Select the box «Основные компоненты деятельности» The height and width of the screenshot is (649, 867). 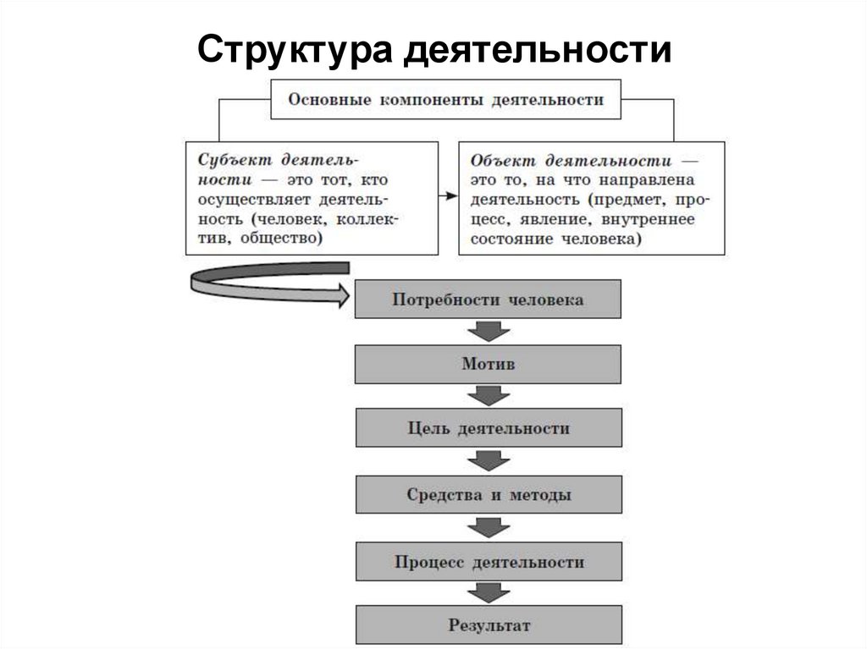tap(445, 100)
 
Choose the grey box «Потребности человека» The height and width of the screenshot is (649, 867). tap(488, 300)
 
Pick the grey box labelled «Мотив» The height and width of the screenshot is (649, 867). tap(488, 364)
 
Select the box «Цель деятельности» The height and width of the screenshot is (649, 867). tap(488, 428)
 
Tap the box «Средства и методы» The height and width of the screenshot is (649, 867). tap(488, 495)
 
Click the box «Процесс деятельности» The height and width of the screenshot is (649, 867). tap(488, 562)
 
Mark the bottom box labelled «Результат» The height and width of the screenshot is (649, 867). tap(488, 626)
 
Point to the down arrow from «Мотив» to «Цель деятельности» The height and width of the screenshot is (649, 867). tap(489, 396)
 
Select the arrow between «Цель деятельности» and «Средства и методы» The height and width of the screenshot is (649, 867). tap(489, 461)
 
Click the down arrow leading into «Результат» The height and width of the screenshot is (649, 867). tap(489, 594)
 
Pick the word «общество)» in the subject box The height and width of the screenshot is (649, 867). tap(281, 239)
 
